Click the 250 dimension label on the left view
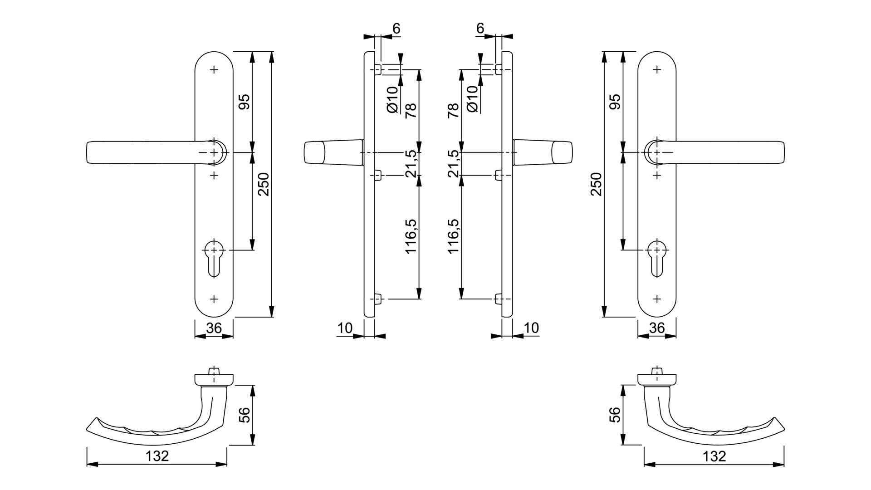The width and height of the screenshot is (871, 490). tap(264, 184)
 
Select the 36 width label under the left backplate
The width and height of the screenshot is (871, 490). tap(214, 328)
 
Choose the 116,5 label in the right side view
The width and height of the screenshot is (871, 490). tap(454, 236)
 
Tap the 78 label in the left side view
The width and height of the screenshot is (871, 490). tap(411, 110)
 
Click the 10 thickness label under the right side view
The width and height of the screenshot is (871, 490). tap(531, 328)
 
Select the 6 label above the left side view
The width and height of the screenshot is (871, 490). tap(396, 29)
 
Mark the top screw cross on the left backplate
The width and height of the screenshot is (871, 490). tap(214, 70)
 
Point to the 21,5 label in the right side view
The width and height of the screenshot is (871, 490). tap(454, 163)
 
